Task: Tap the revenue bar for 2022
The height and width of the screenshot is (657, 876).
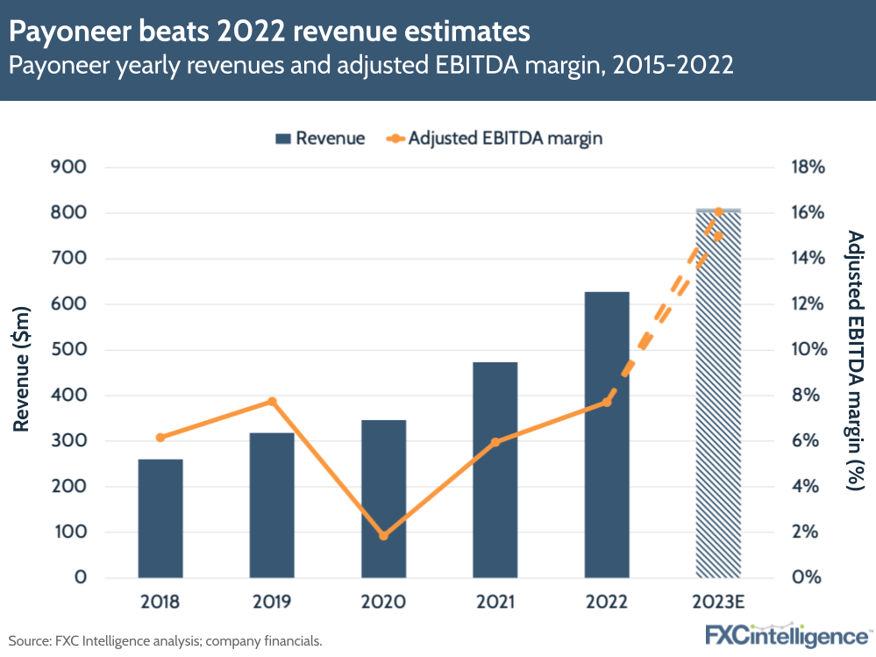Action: click(x=607, y=434)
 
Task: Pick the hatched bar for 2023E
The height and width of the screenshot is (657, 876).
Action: click(x=718, y=395)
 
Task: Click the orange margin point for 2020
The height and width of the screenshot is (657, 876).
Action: click(x=383, y=535)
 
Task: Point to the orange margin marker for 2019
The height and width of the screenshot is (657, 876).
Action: click(x=272, y=402)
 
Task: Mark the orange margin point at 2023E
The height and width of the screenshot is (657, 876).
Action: click(x=718, y=212)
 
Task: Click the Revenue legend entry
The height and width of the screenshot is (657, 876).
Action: click(x=320, y=138)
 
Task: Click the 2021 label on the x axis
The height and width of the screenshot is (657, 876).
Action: click(x=495, y=603)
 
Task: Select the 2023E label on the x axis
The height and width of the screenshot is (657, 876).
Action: click(x=718, y=603)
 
